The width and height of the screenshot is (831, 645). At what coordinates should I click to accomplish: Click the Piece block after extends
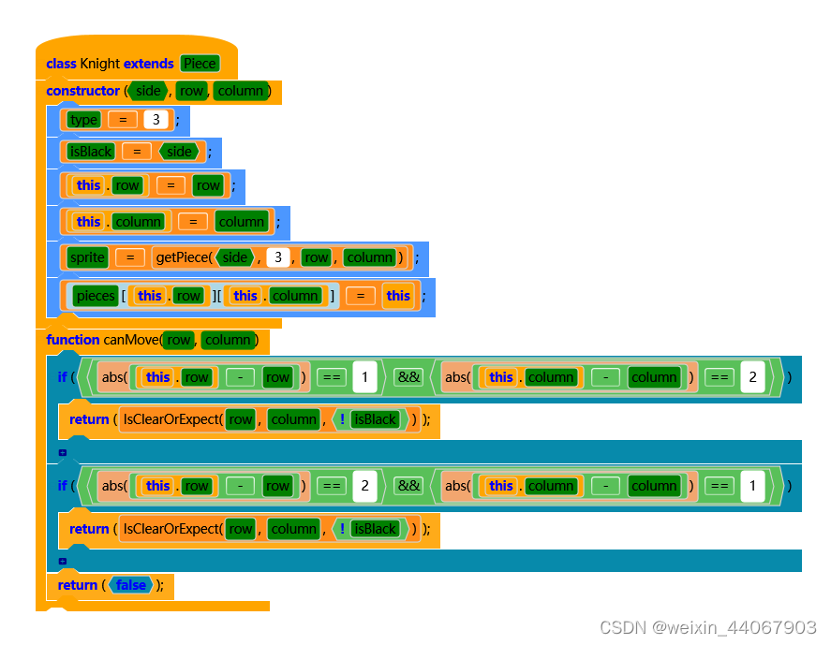(200, 64)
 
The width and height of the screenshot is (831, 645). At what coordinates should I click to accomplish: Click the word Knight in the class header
(100, 64)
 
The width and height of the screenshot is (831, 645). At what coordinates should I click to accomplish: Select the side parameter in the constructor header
(148, 91)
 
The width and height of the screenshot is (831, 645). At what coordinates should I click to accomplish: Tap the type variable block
(83, 120)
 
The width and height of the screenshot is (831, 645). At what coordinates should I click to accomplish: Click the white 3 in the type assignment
(156, 120)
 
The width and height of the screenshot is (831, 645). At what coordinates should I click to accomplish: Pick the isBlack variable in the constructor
(91, 152)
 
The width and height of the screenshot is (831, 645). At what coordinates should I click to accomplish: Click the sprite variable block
(86, 257)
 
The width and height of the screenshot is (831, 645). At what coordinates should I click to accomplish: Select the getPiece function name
(184, 257)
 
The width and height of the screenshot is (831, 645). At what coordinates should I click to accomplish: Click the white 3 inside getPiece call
(277, 257)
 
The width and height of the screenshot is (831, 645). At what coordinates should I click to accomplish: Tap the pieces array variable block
(96, 296)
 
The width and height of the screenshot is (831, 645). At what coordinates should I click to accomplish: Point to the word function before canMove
(72, 340)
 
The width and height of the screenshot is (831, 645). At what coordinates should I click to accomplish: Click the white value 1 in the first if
(364, 377)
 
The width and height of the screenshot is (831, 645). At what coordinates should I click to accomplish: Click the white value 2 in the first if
(752, 377)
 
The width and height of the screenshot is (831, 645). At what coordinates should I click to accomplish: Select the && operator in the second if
(408, 486)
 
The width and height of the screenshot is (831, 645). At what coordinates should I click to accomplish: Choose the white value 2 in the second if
(364, 486)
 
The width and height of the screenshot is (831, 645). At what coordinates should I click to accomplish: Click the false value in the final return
(131, 585)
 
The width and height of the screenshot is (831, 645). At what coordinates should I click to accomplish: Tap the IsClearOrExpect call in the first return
(172, 419)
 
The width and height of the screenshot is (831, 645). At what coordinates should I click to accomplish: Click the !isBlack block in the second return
(369, 529)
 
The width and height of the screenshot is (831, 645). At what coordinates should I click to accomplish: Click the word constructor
(82, 91)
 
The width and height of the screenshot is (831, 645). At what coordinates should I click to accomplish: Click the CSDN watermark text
(707, 627)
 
